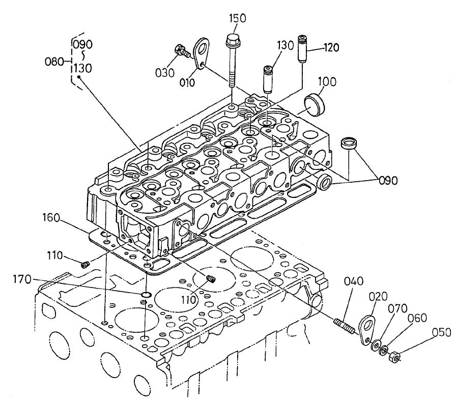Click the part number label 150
[237, 18]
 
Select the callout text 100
[328, 81]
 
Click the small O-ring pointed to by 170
[146, 295]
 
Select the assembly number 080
[54, 62]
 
